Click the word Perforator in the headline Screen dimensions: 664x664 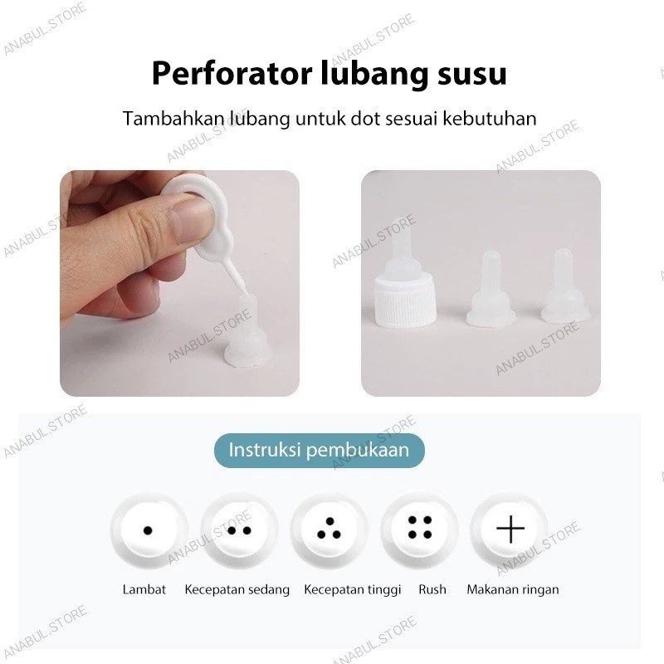232,75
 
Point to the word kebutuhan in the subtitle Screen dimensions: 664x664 490,119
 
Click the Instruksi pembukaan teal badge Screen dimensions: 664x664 320,450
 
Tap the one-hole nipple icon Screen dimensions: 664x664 149,530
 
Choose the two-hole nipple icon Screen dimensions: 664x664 239,530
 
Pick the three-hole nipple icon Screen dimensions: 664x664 330,530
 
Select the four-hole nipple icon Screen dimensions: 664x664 420,530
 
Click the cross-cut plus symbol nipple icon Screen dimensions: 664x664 510,530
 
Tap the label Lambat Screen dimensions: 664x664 144,589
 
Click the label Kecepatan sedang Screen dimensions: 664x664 237,590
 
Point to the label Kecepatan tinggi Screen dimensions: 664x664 352,590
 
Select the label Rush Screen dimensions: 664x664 432,589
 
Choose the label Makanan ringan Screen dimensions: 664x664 513,590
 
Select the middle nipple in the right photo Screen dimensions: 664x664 491,290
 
